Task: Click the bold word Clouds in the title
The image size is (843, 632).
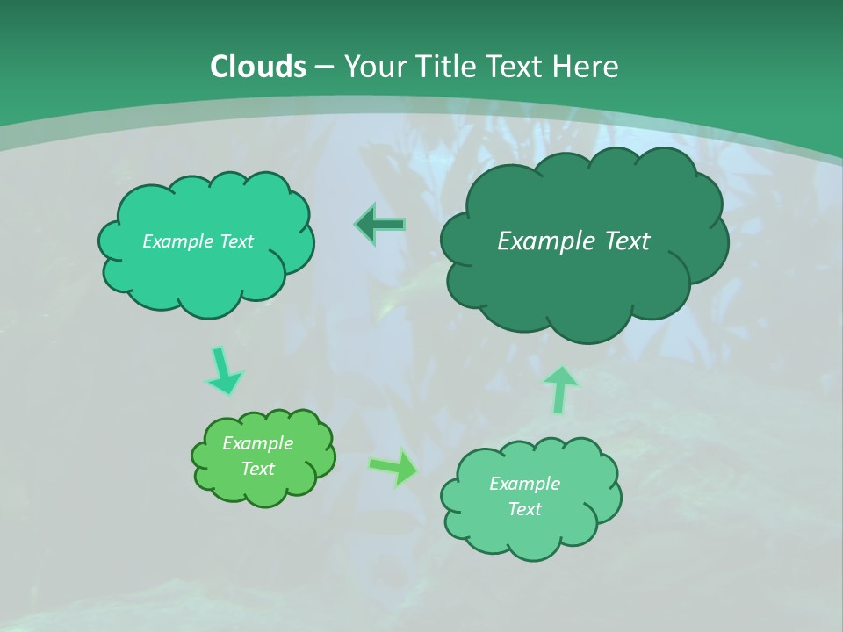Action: [x=258, y=67]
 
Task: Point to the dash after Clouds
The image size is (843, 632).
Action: [x=324, y=68]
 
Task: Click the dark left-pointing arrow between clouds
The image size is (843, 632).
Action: [x=380, y=225]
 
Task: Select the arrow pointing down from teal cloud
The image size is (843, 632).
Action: [x=224, y=370]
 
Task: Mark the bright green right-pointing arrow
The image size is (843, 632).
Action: [x=394, y=467]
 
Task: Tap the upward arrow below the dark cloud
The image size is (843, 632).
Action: [x=561, y=390]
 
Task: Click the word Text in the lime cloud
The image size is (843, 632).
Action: [x=257, y=469]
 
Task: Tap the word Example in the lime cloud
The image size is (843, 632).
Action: [x=257, y=443]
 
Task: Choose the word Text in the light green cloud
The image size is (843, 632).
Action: [x=524, y=509]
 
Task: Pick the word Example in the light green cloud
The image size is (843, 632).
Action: [x=524, y=484]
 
